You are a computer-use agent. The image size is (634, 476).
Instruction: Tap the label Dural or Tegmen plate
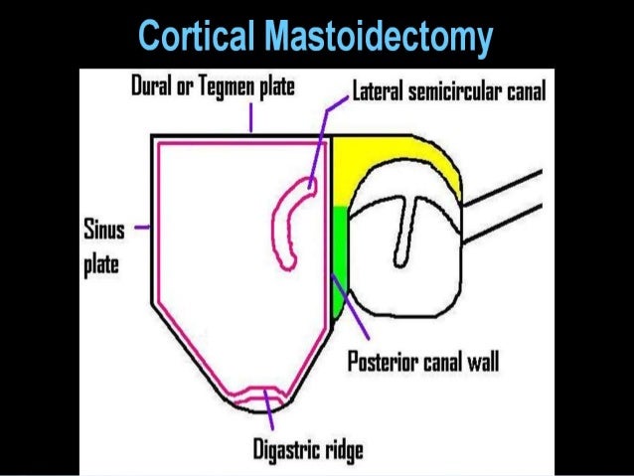pos(213,88)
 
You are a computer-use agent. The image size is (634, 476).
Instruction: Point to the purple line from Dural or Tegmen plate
pos(251,118)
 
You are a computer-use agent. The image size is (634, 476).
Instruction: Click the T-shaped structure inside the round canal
pos(403,224)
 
